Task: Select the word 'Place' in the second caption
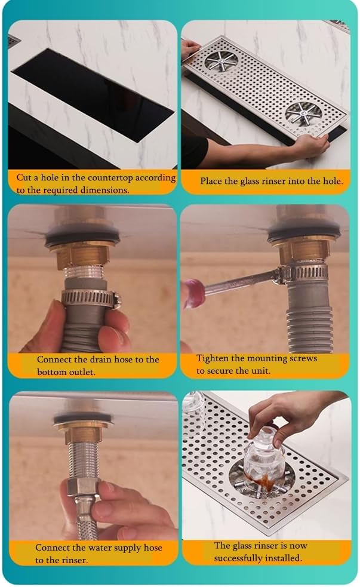[210, 181]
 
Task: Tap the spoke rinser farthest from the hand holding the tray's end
[220, 61]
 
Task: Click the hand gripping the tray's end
[312, 145]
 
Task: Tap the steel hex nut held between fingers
[84, 486]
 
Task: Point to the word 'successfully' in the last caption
[238, 558]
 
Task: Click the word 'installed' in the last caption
[284, 558]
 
